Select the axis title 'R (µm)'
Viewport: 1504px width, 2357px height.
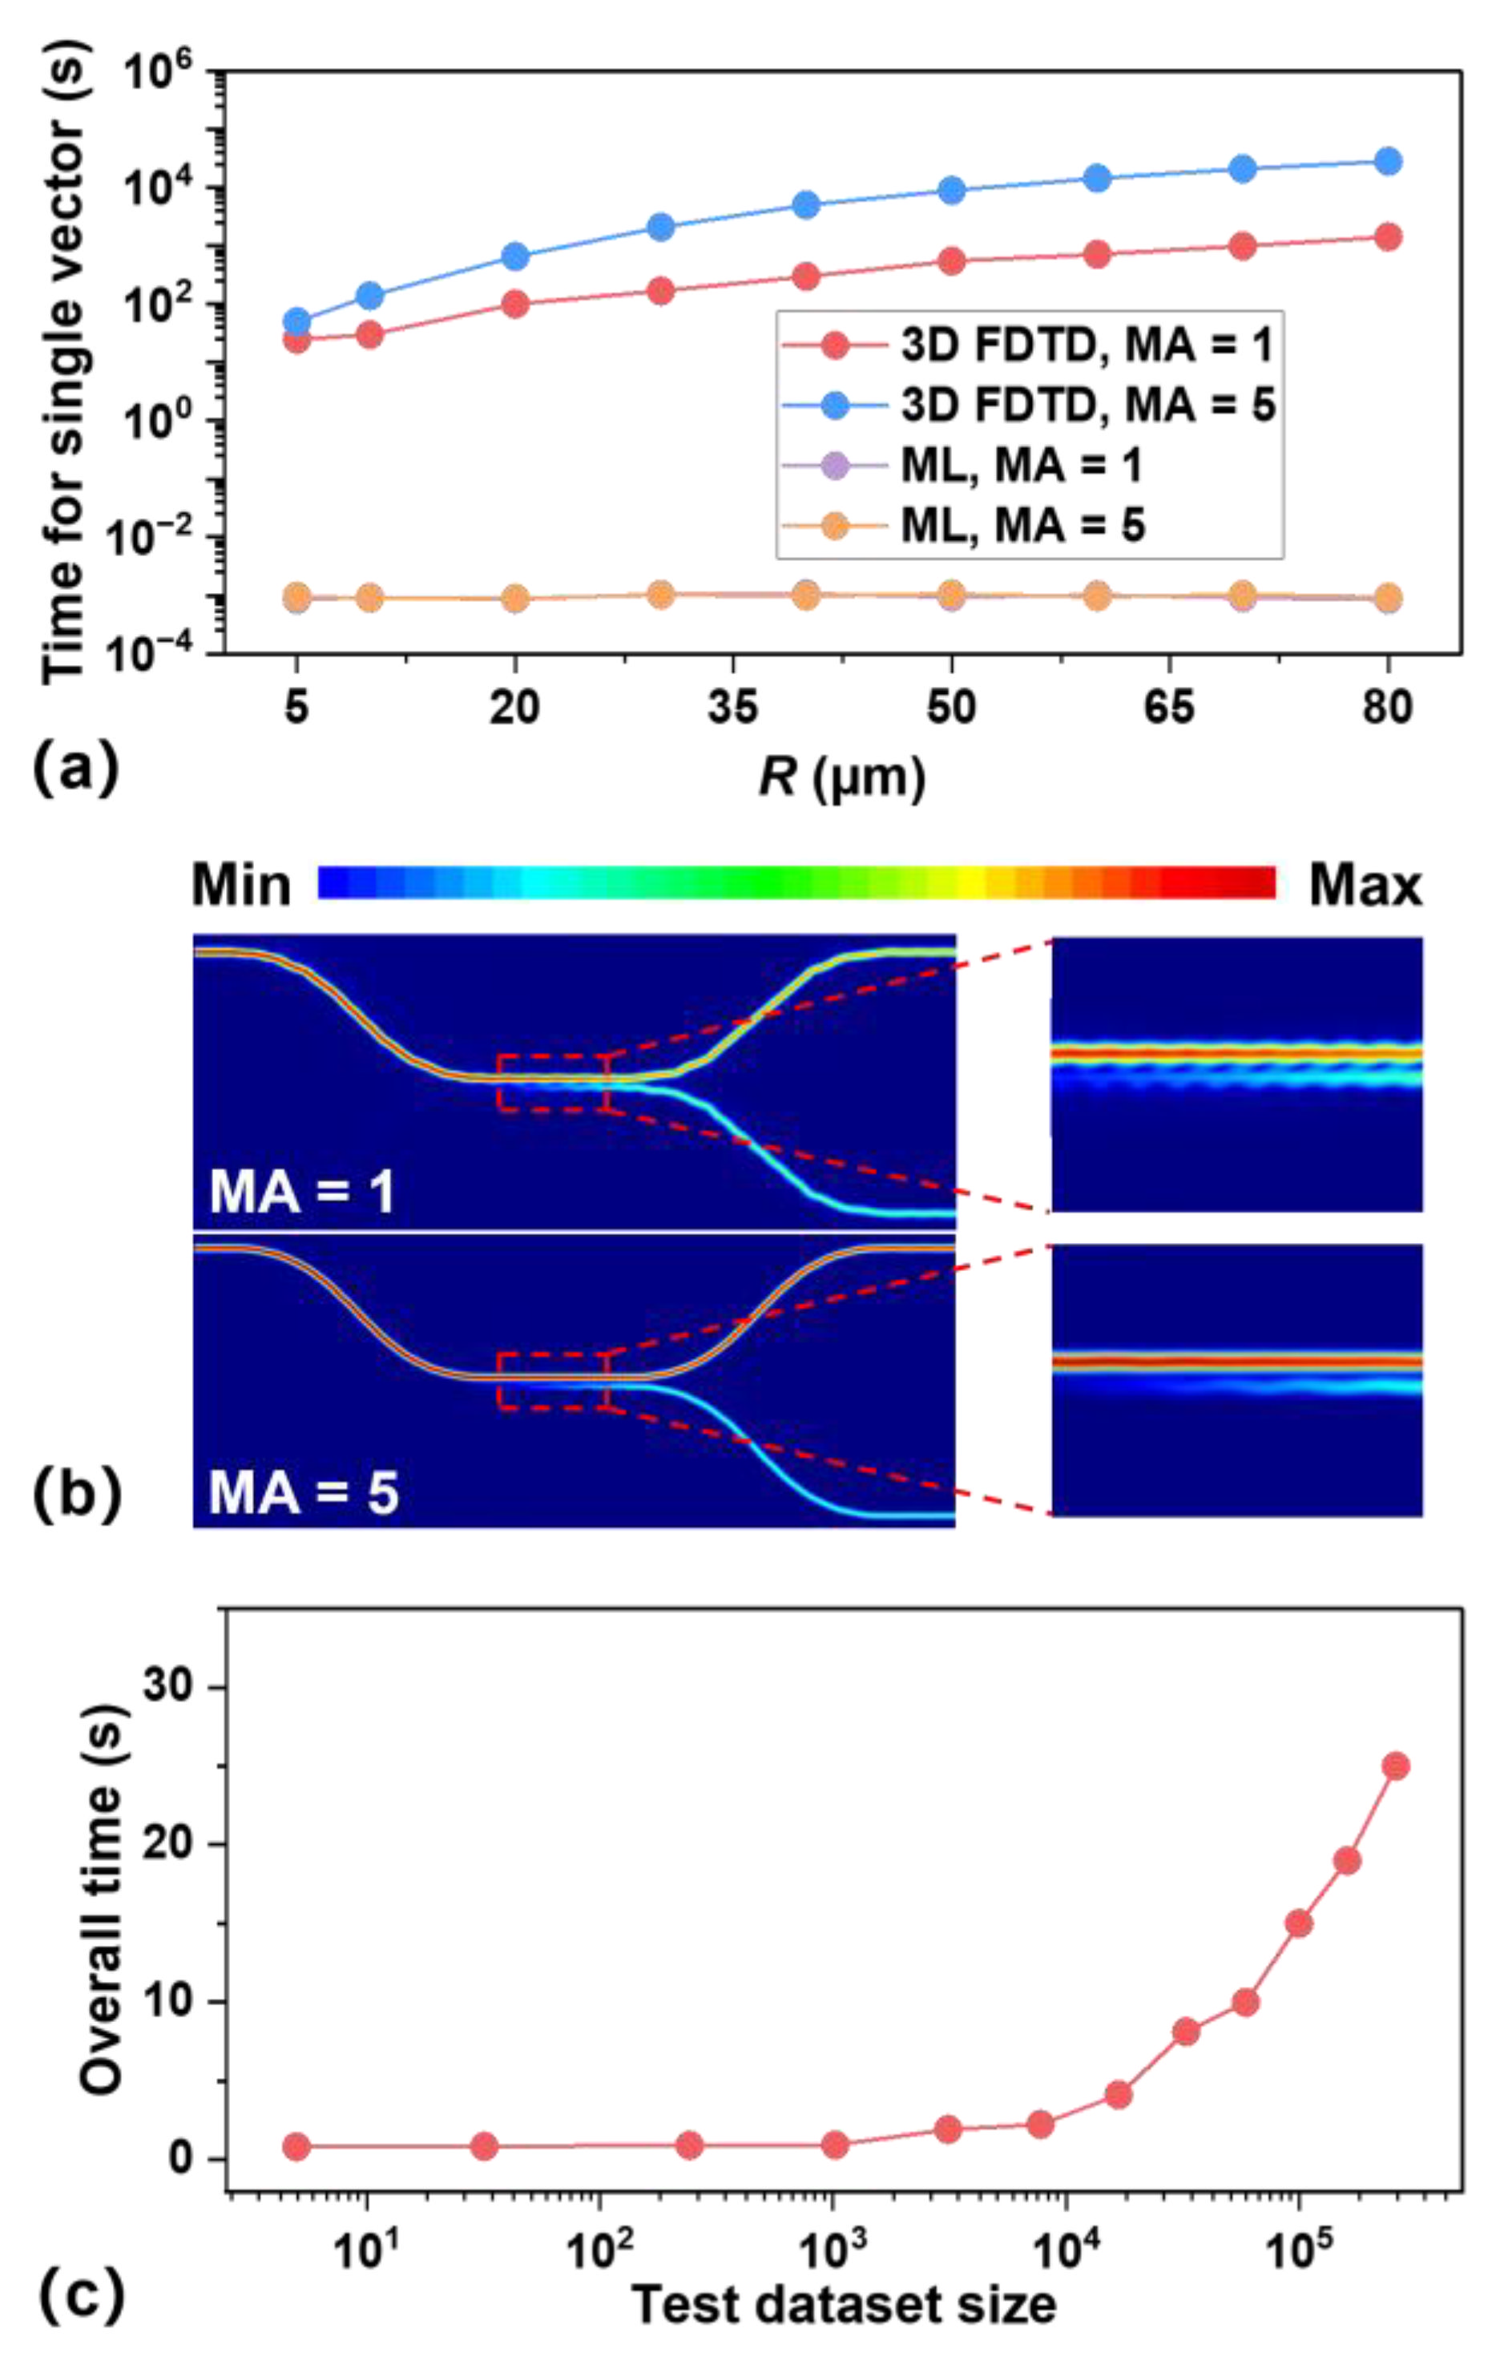(x=841, y=779)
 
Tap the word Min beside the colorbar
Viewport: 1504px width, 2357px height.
(x=240, y=886)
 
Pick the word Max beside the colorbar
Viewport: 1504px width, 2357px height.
(x=1365, y=886)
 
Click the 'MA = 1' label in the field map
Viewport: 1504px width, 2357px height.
(x=302, y=1193)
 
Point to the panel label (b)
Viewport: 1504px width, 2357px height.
(x=75, y=1496)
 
